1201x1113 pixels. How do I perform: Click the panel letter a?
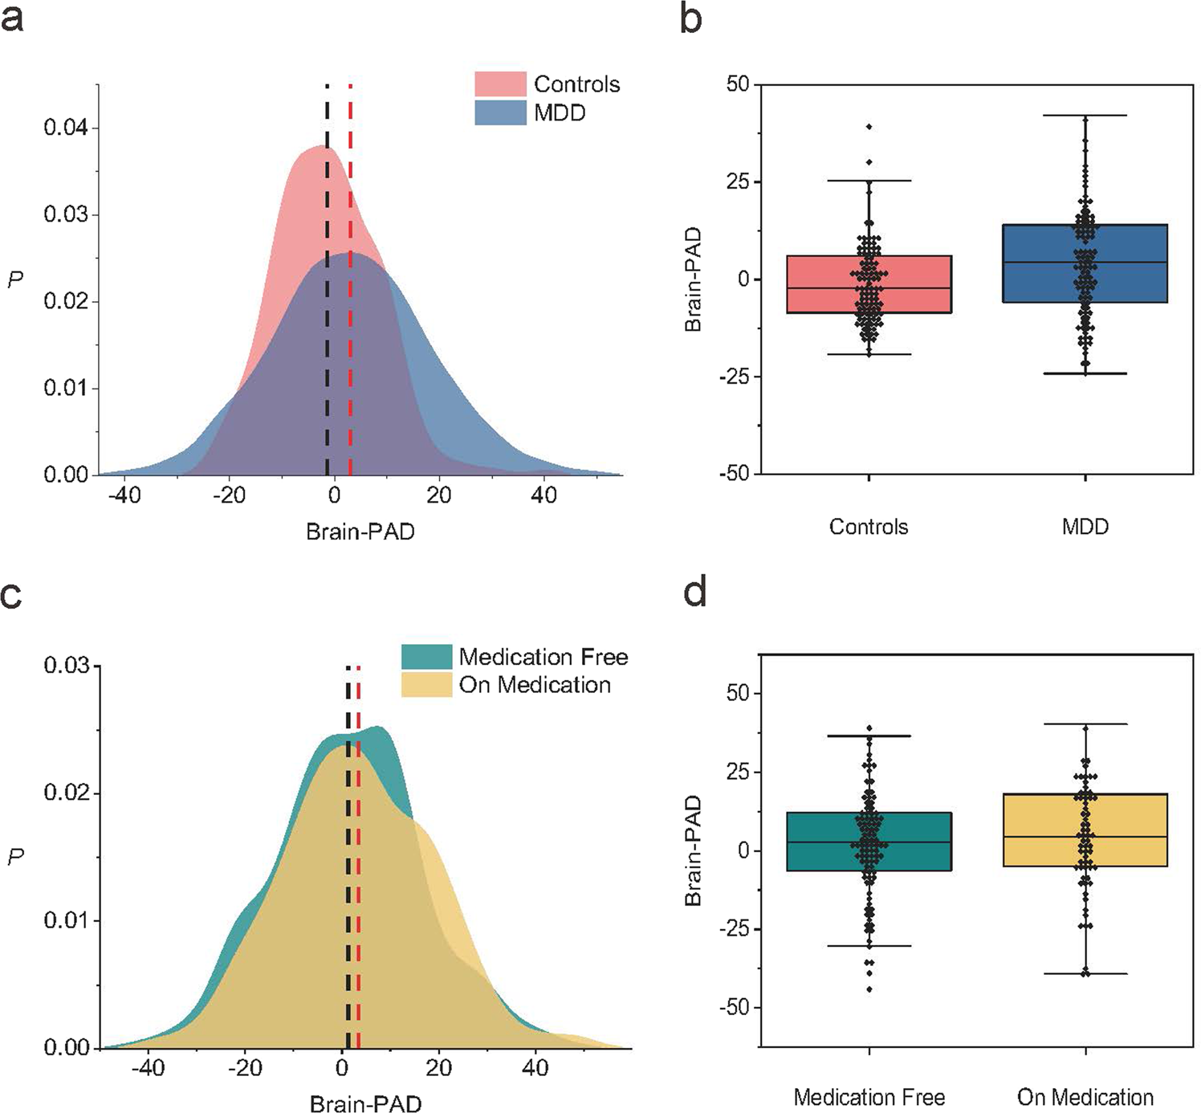[12, 17]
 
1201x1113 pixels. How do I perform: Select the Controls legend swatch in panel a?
[499, 84]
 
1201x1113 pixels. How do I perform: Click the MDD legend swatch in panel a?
[499, 112]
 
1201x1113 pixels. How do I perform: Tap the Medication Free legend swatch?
[426, 656]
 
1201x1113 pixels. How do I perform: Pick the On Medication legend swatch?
[426, 684]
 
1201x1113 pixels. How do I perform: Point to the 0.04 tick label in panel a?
[66, 128]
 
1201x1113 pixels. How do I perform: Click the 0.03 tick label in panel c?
[66, 667]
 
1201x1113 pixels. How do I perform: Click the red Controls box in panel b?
[869, 284]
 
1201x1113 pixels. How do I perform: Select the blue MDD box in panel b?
[1085, 263]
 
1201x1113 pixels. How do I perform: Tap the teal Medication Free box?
[869, 842]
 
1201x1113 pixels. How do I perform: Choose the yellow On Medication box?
[1085, 830]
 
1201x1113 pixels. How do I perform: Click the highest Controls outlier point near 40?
[869, 127]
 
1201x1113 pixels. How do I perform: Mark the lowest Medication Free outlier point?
[869, 989]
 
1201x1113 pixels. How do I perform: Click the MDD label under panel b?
[1085, 527]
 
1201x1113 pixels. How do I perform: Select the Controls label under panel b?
[869, 527]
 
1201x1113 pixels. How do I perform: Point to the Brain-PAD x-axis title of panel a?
[360, 532]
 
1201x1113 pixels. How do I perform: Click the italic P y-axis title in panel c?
[15, 857]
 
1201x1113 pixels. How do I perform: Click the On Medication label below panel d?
[1085, 1097]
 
